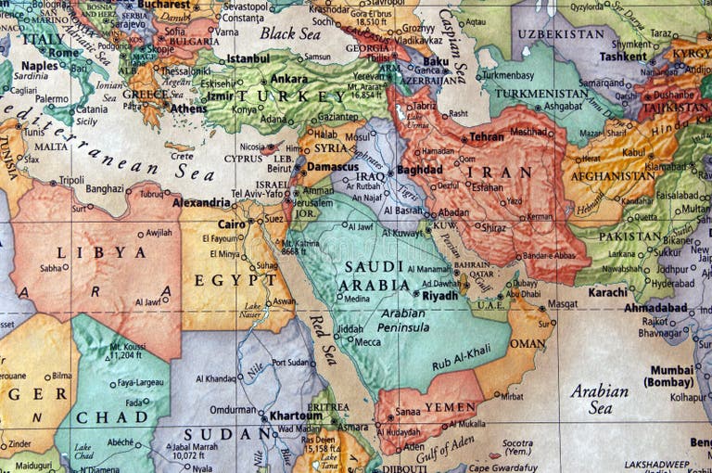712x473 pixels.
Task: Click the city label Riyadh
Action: pos(439,296)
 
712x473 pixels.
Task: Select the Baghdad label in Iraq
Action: pos(419,171)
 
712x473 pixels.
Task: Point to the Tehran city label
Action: pos(487,136)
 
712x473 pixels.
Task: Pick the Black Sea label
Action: pos(290,33)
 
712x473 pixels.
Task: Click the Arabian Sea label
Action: pos(598,399)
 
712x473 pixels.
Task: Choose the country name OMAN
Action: pos(528,343)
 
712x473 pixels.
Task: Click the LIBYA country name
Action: pos(88,252)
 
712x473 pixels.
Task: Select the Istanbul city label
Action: pos(248,58)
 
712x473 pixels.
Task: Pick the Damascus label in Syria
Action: pos(333,167)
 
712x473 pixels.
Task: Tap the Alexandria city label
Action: pos(201,202)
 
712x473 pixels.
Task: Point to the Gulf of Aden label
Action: pos(446,452)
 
